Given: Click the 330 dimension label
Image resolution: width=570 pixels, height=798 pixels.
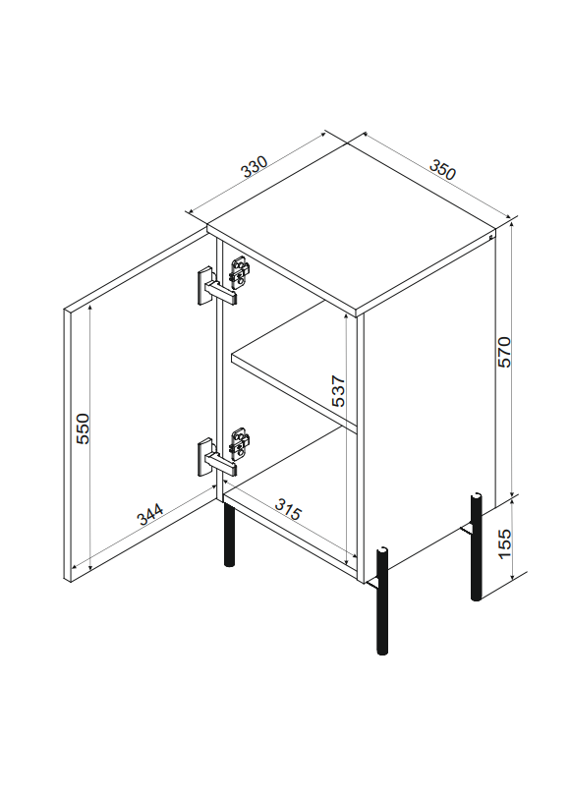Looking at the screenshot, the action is pos(255,166).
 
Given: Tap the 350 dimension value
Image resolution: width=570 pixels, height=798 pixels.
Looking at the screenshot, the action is pos(442,169).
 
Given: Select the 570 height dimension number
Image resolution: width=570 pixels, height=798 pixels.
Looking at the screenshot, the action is pos(504,352).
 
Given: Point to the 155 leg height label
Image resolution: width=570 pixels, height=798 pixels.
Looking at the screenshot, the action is pos(504,543).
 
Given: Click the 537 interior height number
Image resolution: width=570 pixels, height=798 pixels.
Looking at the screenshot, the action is pos(338,391).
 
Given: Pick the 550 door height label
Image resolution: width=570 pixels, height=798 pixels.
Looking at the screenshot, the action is pos(83,428).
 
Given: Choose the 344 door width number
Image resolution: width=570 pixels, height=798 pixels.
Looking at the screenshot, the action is pos(150,514).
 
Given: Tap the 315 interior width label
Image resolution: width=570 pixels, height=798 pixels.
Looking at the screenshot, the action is pos(288,509).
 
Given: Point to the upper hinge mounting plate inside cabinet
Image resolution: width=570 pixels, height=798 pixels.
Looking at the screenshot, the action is pos(240,272).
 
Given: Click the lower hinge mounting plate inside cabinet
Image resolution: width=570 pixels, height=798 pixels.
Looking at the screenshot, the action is pos(240,444).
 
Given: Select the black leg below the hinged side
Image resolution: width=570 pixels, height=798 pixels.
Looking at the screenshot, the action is pos(230,534).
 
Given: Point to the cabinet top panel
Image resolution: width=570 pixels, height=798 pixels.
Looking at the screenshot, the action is pos(351,224).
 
